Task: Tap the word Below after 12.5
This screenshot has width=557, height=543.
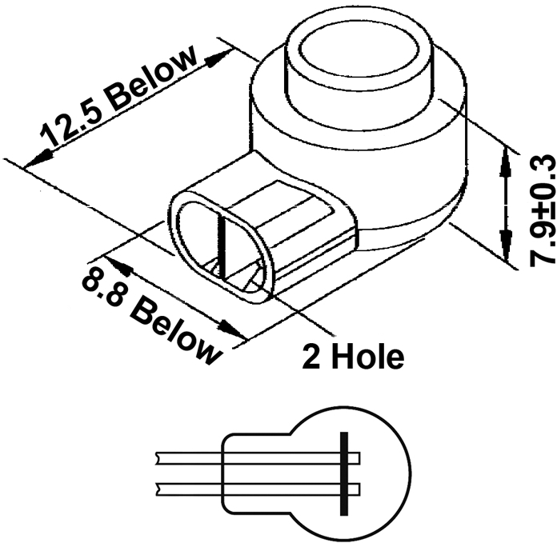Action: click(153, 82)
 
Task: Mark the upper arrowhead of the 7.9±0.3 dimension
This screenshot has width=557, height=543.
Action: click(504, 160)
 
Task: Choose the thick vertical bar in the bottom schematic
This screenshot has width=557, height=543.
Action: click(344, 473)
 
